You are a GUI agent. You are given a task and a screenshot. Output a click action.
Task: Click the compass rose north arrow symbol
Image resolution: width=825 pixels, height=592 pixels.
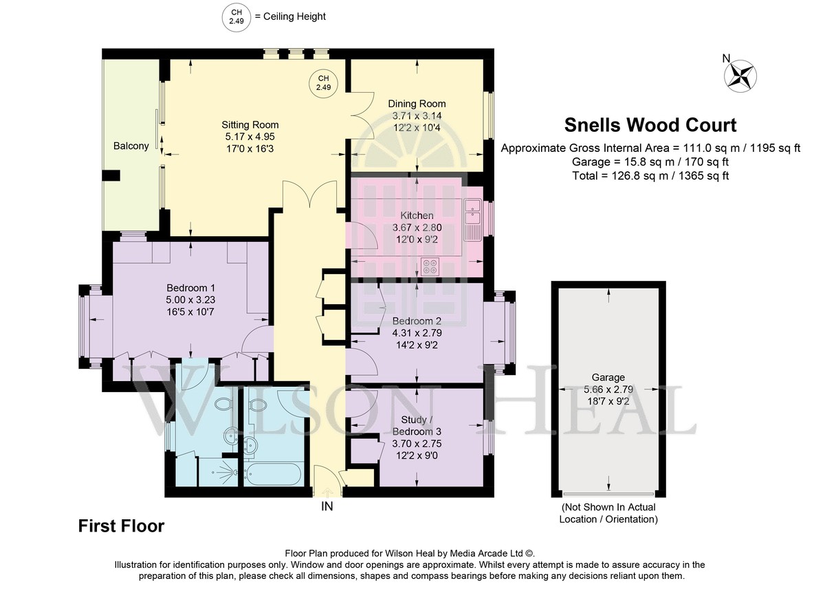coord(740,76)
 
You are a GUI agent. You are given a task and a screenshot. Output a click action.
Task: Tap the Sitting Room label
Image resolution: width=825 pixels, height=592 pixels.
coord(250,125)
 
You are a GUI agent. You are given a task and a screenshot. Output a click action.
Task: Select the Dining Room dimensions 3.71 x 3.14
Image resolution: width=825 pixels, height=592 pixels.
coord(417,116)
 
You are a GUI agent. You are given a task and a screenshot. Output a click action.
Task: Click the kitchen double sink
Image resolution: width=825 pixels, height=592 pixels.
coord(472,212)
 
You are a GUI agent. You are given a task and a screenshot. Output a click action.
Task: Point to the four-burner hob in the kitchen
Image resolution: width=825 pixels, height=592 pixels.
coord(430,266)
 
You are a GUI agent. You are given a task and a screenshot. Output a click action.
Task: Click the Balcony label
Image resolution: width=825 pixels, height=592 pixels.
coord(131,146)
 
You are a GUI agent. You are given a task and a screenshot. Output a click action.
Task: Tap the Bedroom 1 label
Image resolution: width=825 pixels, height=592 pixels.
coord(191,288)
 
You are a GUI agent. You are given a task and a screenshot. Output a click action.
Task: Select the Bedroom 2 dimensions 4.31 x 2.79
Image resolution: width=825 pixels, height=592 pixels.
coord(417,333)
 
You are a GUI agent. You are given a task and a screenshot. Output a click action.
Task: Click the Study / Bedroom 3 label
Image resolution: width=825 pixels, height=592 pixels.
coord(417,425)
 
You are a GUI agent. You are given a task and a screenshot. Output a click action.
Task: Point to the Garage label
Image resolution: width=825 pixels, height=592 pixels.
coord(608,377)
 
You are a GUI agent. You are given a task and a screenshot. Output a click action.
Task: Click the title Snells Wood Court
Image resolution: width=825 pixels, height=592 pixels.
coord(650,125)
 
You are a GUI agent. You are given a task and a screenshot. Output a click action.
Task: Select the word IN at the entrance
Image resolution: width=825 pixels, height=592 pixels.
coord(327,507)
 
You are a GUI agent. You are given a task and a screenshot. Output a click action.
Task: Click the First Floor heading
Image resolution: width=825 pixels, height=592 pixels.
coord(121,526)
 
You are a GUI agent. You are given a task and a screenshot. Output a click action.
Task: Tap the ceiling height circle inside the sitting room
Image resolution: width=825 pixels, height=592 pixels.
coord(323,83)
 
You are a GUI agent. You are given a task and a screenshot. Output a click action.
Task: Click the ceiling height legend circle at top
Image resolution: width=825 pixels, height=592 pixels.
coord(236,17)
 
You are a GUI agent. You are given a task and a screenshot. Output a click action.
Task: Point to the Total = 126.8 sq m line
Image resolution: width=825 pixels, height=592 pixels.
coord(650,176)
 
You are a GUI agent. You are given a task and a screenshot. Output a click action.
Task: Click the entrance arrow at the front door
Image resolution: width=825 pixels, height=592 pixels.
coord(327,492)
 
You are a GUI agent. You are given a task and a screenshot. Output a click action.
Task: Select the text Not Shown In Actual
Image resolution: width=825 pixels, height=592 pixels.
coord(608,508)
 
